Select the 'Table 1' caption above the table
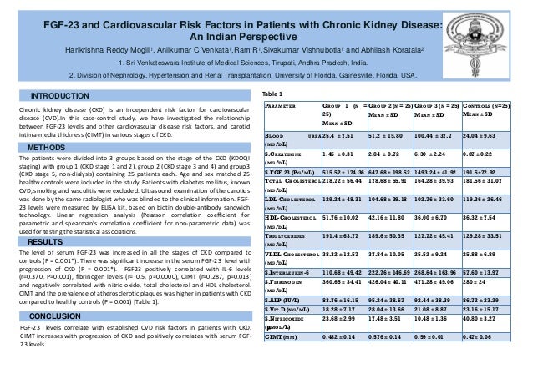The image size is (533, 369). pos(273,94)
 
